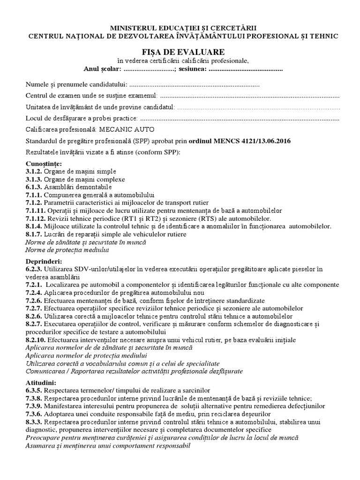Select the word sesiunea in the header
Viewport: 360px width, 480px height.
[x=192, y=69]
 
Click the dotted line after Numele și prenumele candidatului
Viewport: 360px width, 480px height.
[x=194, y=85]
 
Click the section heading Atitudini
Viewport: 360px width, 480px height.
[x=41, y=382]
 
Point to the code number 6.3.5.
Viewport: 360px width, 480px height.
[x=34, y=390]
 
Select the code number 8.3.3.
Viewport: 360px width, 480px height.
[x=34, y=422]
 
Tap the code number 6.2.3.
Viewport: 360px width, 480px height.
[x=34, y=269]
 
